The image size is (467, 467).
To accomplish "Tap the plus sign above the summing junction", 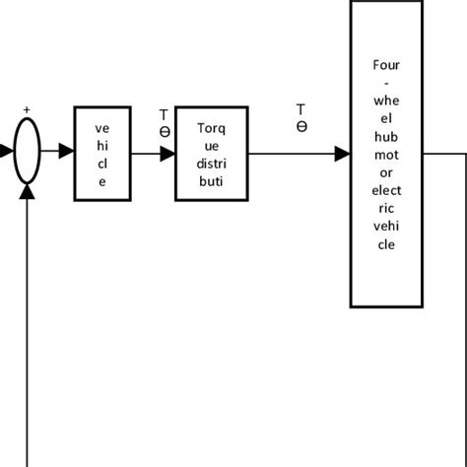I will (x=27, y=110).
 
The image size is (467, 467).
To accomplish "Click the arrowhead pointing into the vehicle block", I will (x=66, y=153).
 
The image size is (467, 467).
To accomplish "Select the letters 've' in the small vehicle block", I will (x=102, y=127).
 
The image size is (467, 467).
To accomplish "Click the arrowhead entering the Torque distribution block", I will (x=167, y=153).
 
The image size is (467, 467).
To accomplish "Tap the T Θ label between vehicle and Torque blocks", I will (x=165, y=123).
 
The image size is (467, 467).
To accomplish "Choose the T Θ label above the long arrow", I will (x=301, y=117).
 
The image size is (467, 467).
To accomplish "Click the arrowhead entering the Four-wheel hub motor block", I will (x=342, y=153).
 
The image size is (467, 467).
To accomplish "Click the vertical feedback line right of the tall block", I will (x=464, y=296).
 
